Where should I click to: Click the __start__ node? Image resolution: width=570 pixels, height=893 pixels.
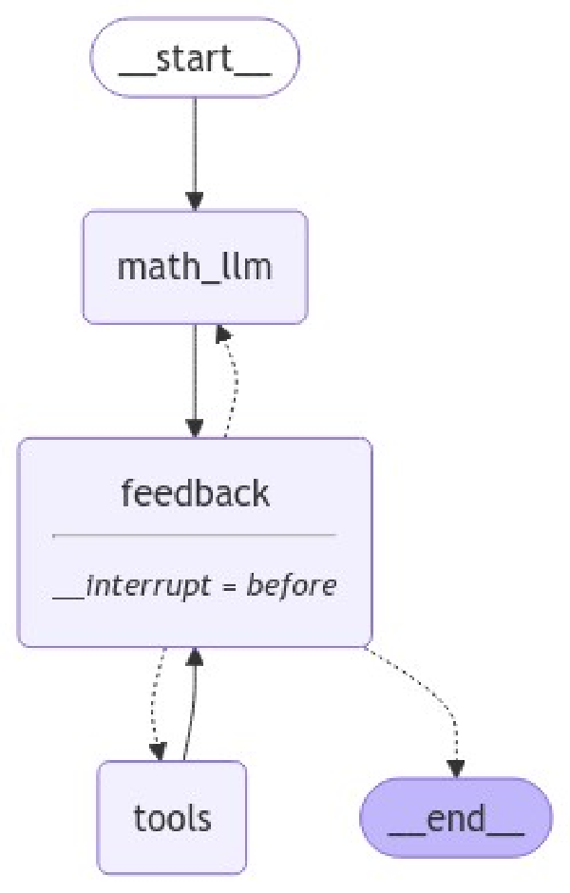(x=195, y=57)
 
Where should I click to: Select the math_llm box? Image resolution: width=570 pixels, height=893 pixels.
(x=195, y=267)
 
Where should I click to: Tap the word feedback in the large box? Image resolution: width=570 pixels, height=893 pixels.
(x=195, y=493)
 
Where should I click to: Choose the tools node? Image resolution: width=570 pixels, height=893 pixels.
(x=172, y=817)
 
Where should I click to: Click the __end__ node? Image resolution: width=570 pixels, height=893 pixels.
(x=456, y=817)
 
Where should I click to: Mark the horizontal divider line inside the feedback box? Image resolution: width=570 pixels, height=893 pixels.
(x=195, y=535)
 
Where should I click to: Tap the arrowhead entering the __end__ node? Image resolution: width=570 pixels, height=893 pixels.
(x=456, y=769)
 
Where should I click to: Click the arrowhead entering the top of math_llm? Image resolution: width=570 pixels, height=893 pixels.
(x=195, y=200)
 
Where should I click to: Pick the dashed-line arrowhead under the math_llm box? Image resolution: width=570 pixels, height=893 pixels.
(x=220, y=332)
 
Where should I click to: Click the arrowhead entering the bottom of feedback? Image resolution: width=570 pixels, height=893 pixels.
(x=195, y=655)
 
